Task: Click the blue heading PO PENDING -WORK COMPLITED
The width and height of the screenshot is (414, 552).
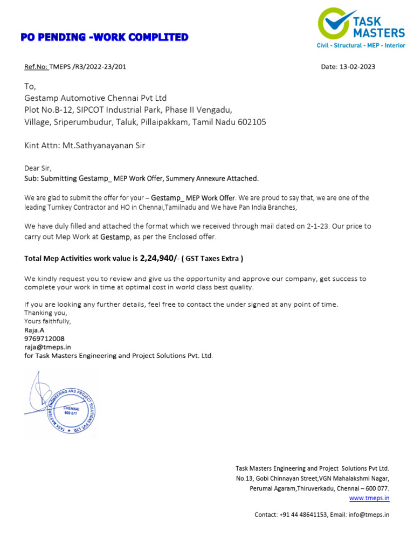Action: tap(104, 37)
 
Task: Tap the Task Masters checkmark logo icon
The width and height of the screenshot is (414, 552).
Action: tap(333, 24)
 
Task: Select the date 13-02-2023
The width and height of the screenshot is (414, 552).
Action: tap(356, 67)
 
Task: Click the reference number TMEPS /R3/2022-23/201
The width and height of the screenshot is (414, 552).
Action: tap(88, 67)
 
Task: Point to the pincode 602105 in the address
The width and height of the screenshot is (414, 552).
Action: tap(252, 122)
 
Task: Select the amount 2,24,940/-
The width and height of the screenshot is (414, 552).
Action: tap(159, 258)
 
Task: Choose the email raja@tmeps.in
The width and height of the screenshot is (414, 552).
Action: tap(47, 347)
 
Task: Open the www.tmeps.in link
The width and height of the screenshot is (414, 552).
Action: tap(369, 498)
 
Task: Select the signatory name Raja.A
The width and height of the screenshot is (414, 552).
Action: tap(34, 330)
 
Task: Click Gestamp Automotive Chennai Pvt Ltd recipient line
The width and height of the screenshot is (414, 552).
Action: tap(96, 98)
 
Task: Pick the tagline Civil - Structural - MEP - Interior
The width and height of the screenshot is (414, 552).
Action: tap(360, 46)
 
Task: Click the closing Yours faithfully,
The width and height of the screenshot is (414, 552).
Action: tap(47, 321)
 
